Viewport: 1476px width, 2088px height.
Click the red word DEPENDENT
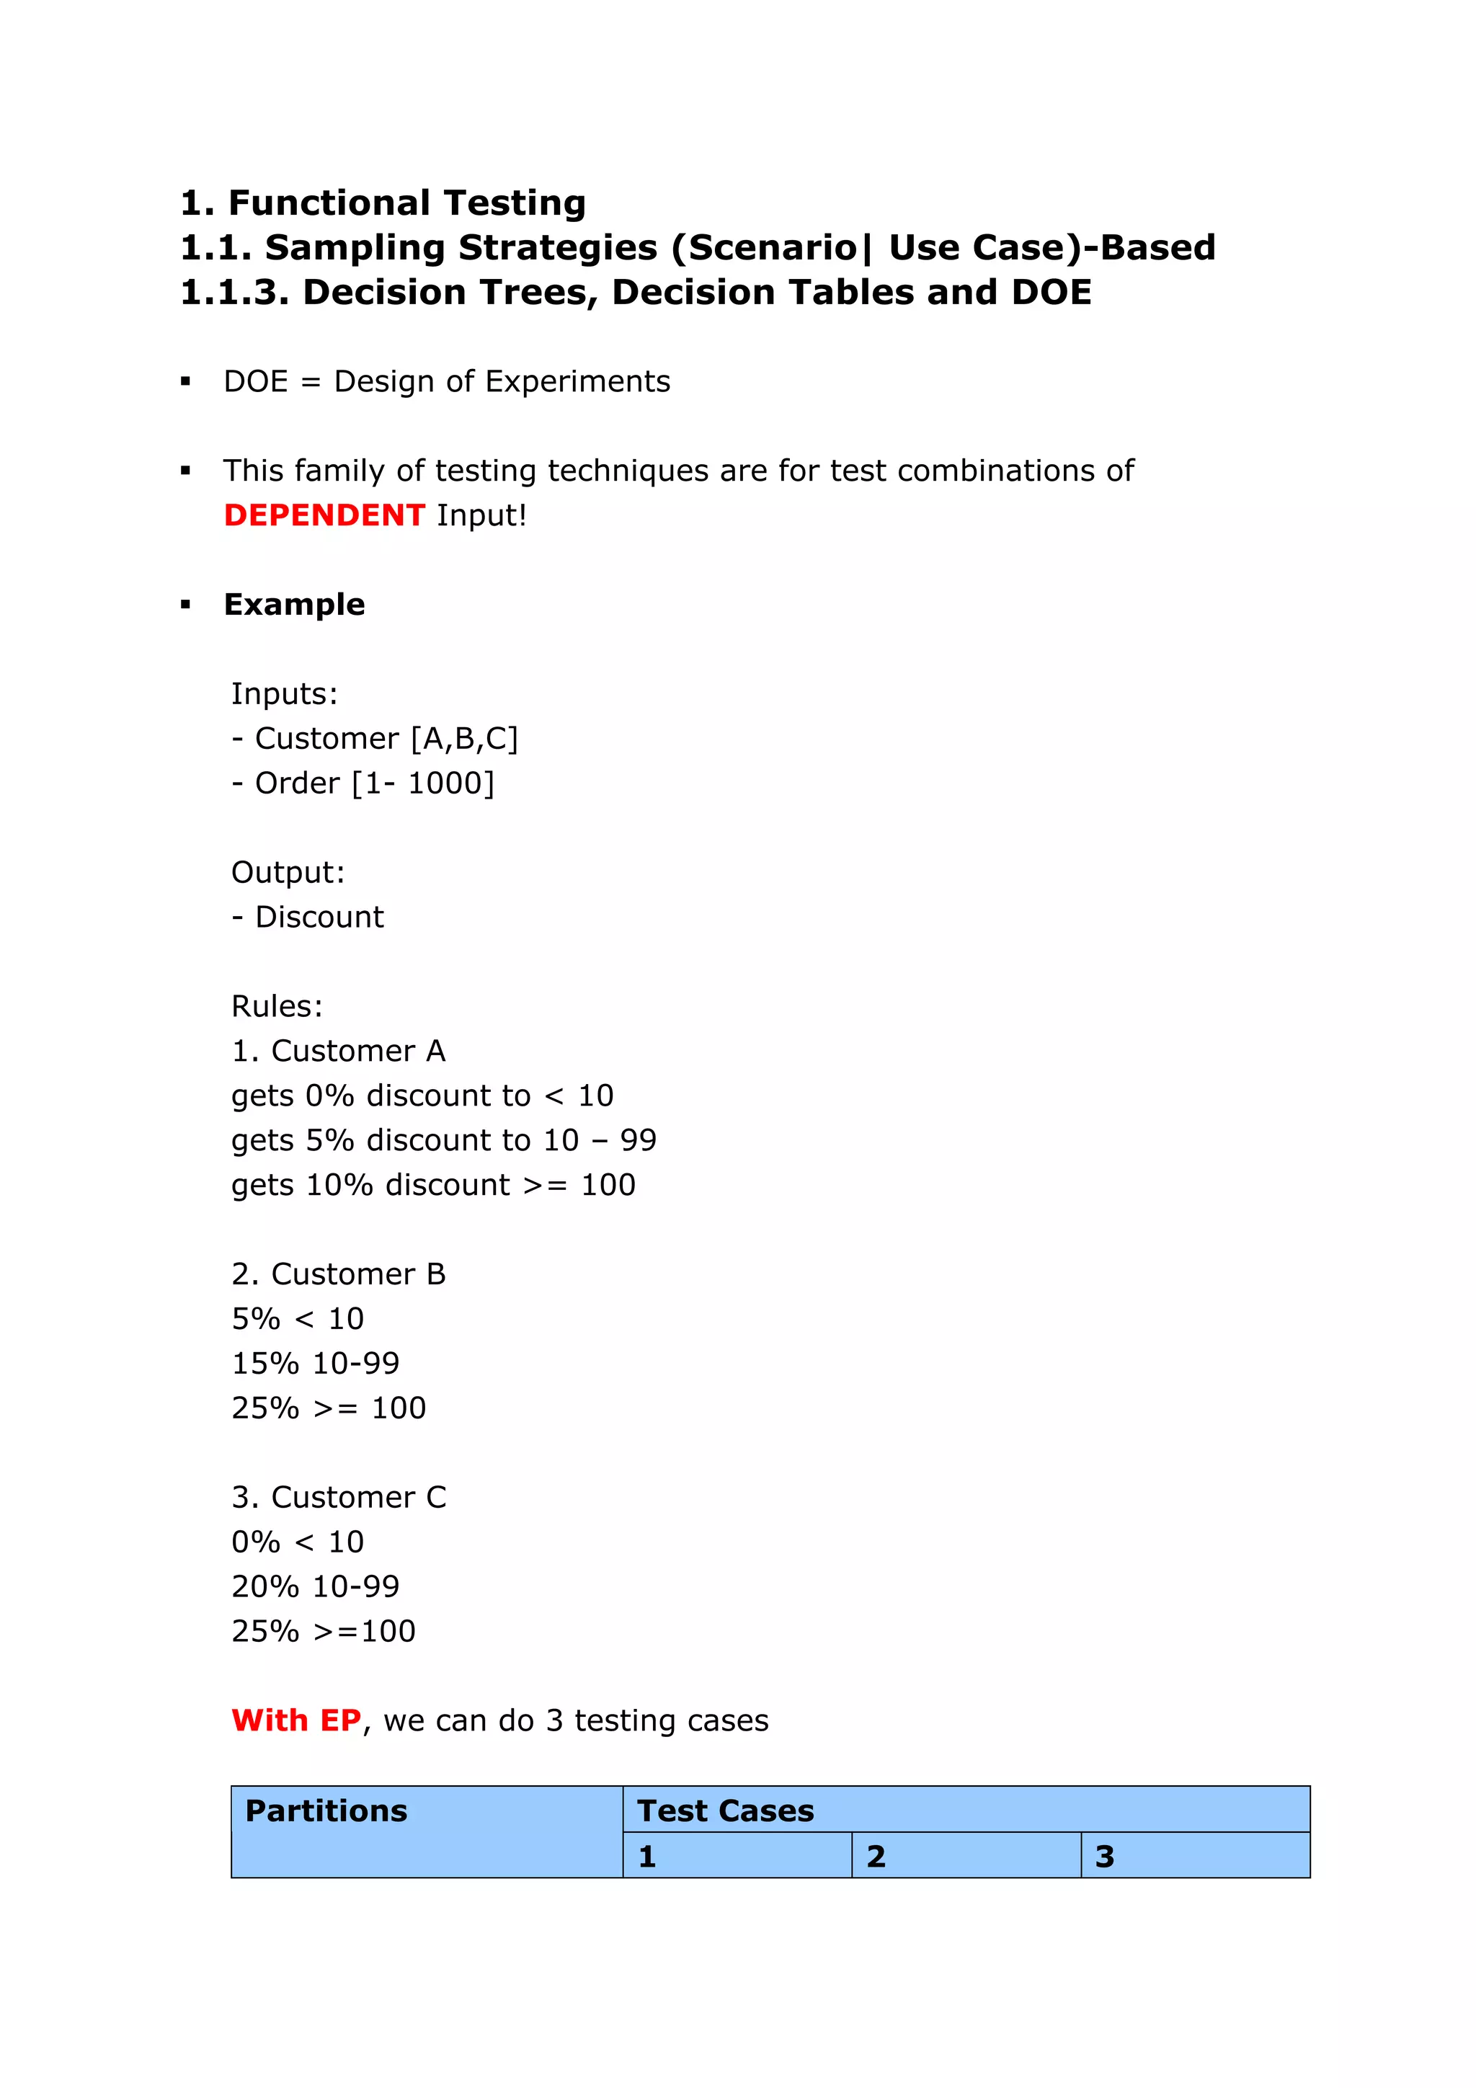point(324,515)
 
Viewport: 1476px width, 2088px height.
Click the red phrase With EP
point(295,1720)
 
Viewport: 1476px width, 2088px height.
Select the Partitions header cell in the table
point(426,1831)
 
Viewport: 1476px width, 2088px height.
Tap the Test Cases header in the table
point(725,1811)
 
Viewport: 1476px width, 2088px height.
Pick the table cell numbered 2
point(966,1856)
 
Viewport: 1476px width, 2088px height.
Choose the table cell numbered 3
point(1195,1856)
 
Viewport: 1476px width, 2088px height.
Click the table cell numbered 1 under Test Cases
point(737,1856)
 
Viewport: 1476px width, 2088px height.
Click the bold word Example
point(294,605)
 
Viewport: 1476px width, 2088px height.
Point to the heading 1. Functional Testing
point(383,203)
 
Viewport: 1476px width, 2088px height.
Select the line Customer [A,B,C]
point(375,739)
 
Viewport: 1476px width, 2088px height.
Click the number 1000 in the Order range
point(445,783)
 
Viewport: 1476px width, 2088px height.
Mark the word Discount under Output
point(319,917)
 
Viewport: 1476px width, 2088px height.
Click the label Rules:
point(277,1006)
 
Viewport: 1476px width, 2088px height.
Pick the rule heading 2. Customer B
point(338,1274)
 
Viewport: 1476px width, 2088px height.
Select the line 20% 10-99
point(315,1586)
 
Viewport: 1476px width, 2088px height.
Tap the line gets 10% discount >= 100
point(433,1185)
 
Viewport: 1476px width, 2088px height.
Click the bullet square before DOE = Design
point(185,382)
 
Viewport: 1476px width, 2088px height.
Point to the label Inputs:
point(284,694)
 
